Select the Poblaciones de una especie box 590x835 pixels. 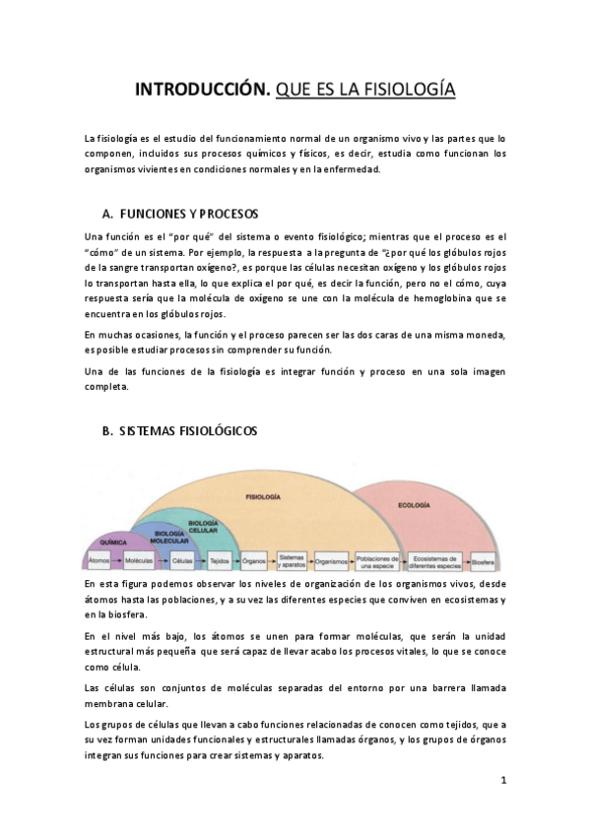click(376, 560)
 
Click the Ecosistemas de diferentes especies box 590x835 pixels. click(434, 560)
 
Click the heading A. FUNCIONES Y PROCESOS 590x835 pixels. click(180, 214)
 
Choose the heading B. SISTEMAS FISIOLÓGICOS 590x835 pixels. click(179, 431)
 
